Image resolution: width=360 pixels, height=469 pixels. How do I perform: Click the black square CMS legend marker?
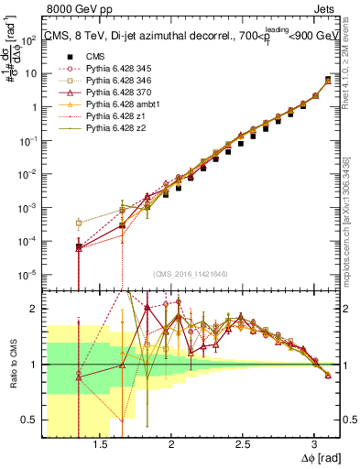point(79,57)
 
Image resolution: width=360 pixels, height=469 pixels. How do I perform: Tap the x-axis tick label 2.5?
point(242,442)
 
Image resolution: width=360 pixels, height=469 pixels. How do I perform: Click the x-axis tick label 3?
point(313,442)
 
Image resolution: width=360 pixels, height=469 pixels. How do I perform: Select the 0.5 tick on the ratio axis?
point(29,420)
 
